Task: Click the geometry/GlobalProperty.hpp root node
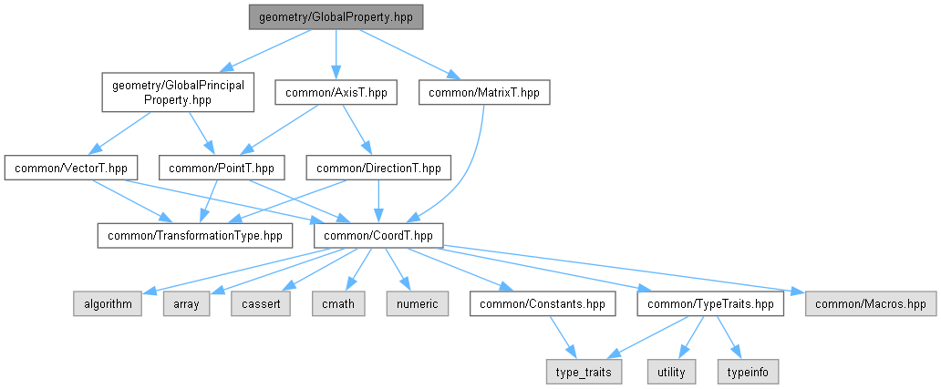[336, 17]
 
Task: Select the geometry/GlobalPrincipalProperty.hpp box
[177, 93]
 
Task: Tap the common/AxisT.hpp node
[336, 93]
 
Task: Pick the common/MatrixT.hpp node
[485, 93]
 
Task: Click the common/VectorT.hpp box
[71, 169]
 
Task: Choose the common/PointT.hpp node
[222, 169]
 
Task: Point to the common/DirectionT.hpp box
[379, 169]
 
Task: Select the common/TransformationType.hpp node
[195, 235]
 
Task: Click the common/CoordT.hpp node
[378, 235]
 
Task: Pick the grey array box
[186, 303]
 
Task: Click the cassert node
[262, 303]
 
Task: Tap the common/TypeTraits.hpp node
[711, 303]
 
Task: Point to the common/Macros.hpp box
[871, 303]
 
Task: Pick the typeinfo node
[749, 371]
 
